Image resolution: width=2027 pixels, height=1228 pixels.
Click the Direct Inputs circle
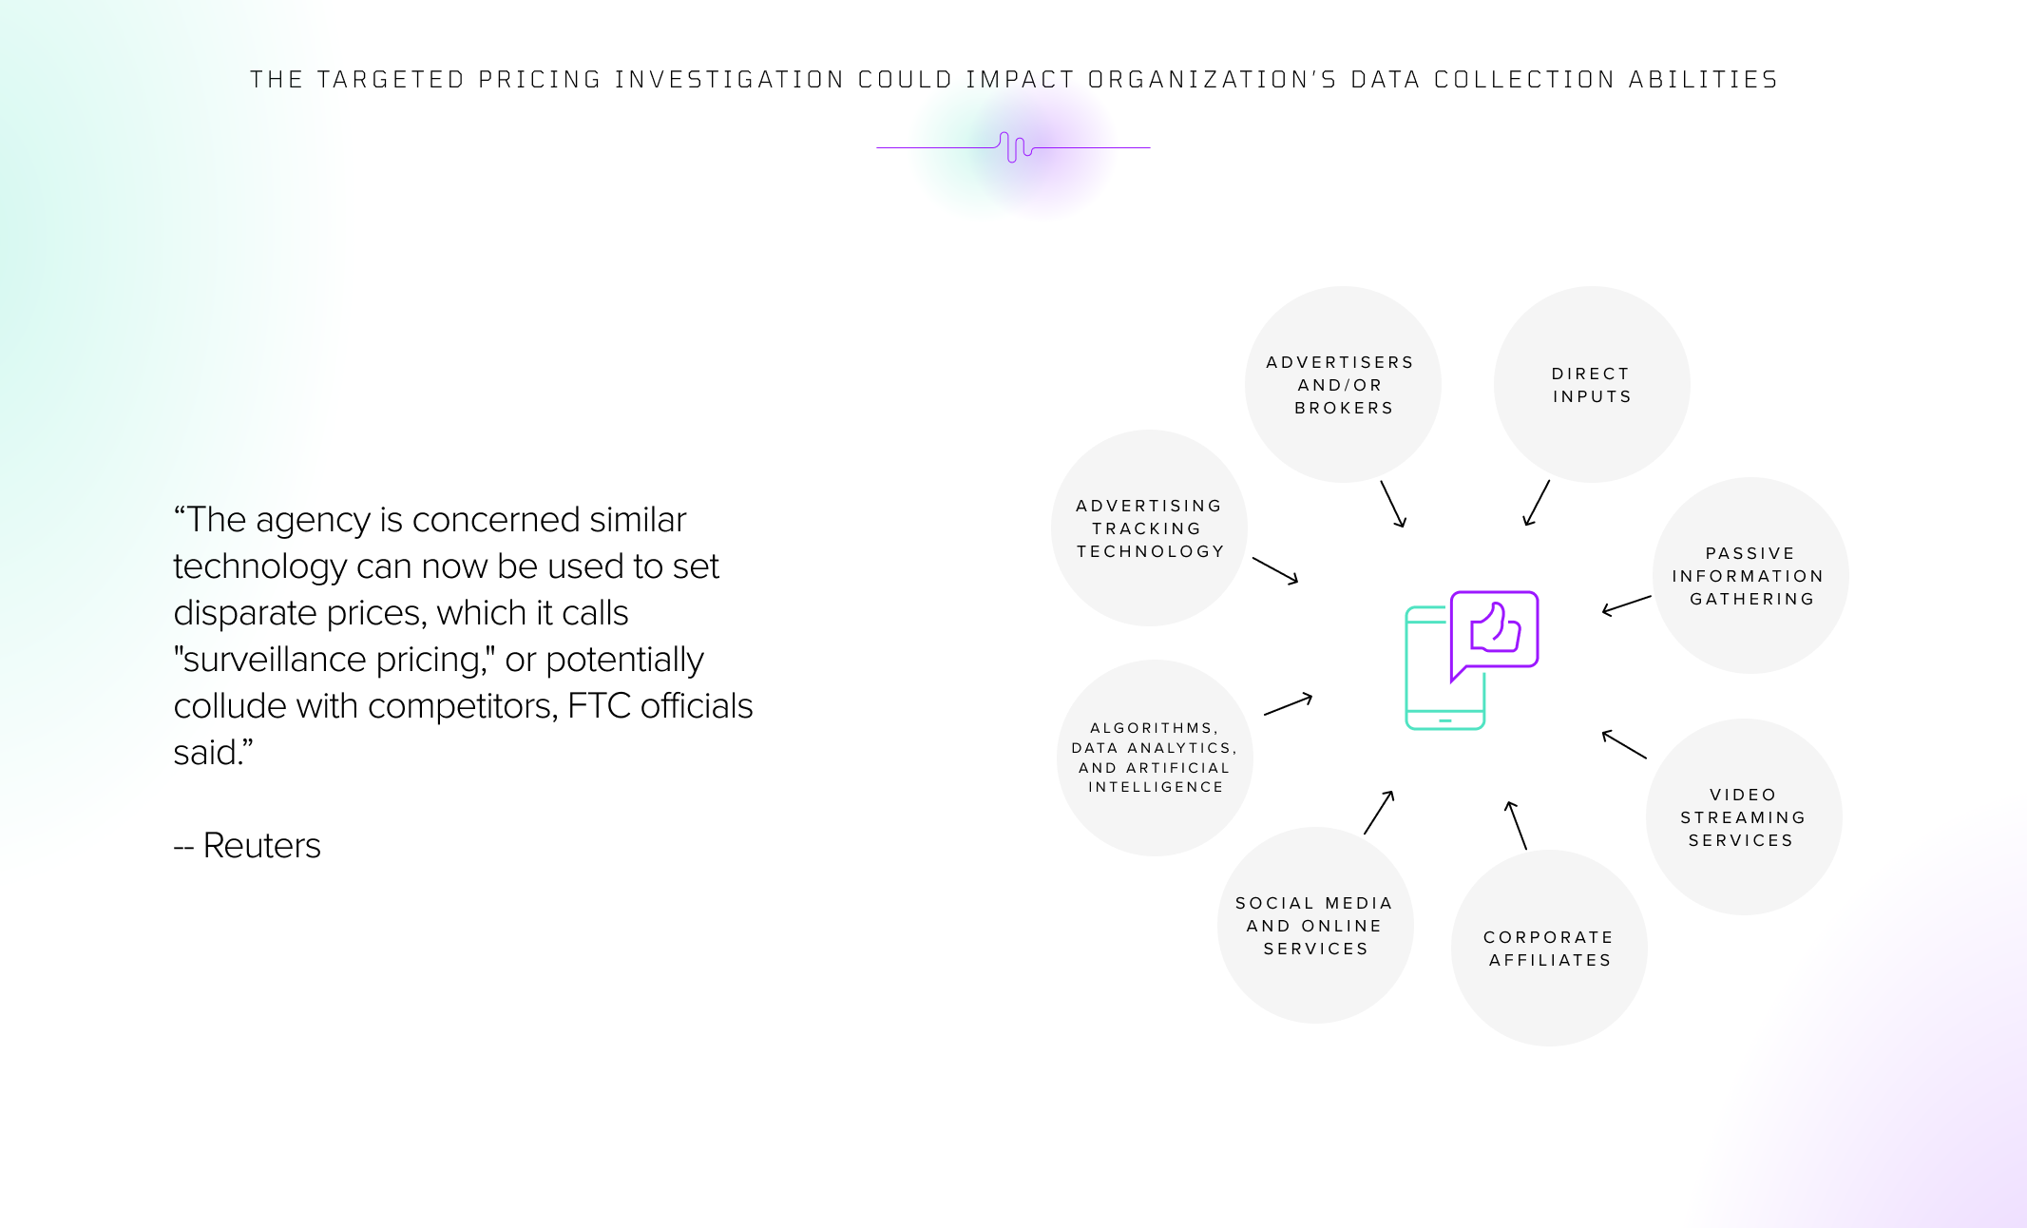coord(1592,384)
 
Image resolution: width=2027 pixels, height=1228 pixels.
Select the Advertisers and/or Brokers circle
coord(1343,384)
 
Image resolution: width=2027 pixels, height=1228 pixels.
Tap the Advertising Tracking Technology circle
coord(1149,528)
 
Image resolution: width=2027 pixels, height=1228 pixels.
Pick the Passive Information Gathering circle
coord(1750,575)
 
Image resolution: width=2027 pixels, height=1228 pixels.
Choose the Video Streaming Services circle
coord(1744,816)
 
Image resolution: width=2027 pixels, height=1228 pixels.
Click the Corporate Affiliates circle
coord(1549,948)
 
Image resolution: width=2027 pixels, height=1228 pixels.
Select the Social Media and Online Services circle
coord(1315,925)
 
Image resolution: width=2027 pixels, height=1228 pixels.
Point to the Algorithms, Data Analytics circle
coord(1155,758)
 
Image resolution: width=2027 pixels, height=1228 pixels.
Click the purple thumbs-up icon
coord(1495,628)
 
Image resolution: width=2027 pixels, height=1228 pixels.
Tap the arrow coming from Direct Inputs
coord(1537,503)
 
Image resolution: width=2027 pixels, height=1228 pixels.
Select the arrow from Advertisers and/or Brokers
coord(1393,504)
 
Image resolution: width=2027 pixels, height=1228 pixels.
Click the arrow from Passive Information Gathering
coord(1626,605)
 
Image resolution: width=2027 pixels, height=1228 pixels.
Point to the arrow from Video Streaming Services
coord(1624,744)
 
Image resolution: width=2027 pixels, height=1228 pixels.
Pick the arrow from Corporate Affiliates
coord(1516,825)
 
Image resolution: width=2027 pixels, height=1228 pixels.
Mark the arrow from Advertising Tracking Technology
coord(1275,570)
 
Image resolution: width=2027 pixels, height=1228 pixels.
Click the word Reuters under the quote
coord(261,845)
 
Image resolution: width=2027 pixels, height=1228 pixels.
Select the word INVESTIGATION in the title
coord(730,79)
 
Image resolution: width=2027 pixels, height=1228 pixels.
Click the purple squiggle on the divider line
coord(1015,147)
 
